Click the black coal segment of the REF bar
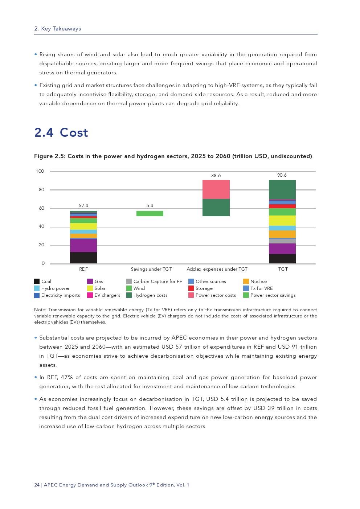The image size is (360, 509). pos(83,258)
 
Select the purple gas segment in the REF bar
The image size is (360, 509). pos(83,246)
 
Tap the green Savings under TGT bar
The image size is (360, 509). pos(150,213)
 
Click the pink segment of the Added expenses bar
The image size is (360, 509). pos(216,189)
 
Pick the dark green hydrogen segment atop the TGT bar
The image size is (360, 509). pos(282,189)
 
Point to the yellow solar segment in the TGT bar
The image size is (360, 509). pos(282,221)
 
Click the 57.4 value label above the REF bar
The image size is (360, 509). pos(83,206)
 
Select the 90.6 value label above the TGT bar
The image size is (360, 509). pos(282,175)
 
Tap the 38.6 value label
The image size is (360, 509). pos(216,176)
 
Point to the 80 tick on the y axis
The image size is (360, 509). pos(42,190)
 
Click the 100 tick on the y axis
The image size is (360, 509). pos(40,171)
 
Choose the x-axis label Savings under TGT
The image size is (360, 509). pos(151,269)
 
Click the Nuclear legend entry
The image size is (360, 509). pos(259,282)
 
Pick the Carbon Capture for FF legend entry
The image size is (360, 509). pos(157,282)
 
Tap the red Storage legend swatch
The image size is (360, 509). pos(191,288)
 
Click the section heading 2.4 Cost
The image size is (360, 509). pos(61,133)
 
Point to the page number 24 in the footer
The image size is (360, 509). pos(37,485)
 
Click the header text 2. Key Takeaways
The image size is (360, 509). pos(58,29)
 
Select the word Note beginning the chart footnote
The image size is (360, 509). pos(40,310)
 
